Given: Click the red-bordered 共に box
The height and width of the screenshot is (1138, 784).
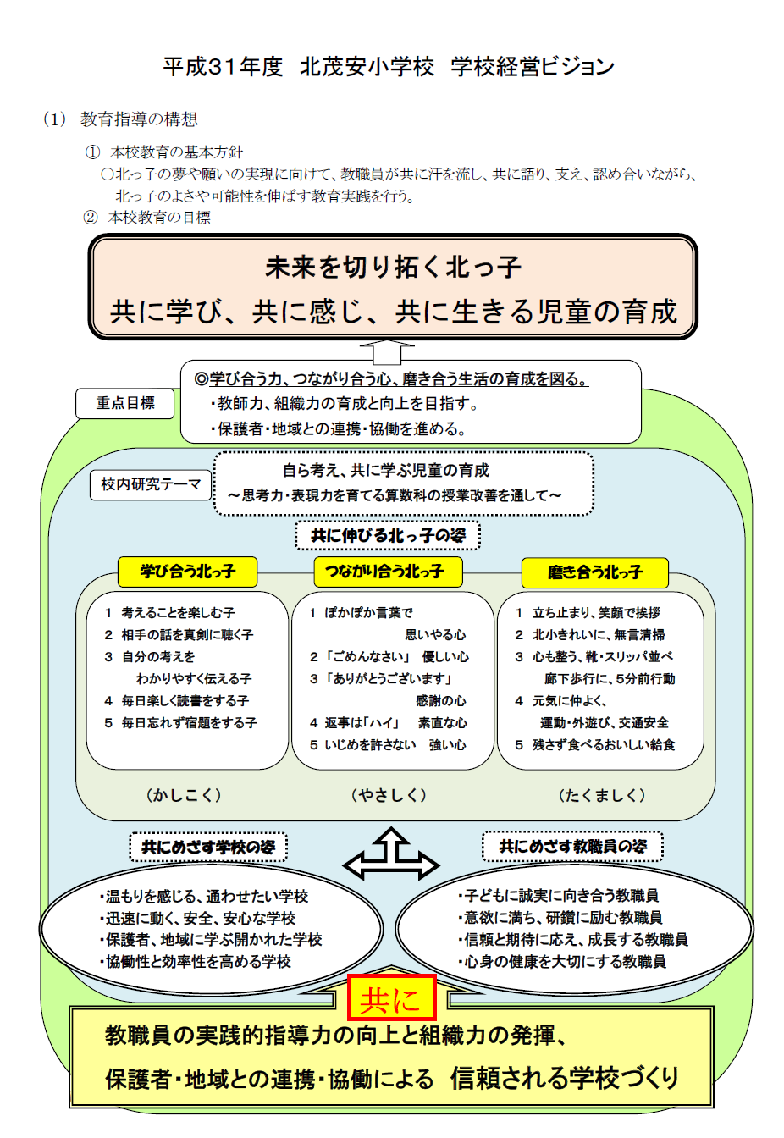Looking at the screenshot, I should pos(391,997).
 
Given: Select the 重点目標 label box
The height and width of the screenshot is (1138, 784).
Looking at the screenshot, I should pos(125,403).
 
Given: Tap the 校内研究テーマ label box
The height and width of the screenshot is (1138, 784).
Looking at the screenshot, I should pos(151,484).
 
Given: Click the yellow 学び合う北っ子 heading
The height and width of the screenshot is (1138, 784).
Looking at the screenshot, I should pos(187,572).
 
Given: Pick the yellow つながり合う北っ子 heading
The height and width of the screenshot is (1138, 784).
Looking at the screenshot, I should pos(388,572).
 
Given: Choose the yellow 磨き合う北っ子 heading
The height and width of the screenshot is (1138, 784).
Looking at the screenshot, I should pos(594,572).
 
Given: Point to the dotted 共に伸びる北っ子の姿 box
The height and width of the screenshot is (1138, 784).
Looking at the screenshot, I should pos(388,535).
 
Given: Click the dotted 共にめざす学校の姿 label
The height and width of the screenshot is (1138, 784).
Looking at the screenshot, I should pos(208,847).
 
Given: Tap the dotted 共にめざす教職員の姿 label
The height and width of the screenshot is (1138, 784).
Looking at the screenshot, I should pos(572,846).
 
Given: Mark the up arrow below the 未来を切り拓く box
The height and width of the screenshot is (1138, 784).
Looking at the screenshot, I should pos(387,351).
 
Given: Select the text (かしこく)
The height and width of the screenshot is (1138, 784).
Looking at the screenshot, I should pos(184,795).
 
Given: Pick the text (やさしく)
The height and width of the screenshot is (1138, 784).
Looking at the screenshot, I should pos(389,795).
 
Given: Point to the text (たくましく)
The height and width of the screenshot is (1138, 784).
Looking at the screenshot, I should pos(602,795).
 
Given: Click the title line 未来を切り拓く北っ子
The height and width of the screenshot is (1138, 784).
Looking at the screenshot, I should pos(393,268).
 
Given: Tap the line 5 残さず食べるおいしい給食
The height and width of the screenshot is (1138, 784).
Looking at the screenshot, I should pos(595,745).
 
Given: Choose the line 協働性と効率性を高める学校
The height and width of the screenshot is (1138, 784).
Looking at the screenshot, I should pos(196,962).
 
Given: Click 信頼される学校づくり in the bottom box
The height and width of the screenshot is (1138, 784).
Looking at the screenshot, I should pos(565,1078).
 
